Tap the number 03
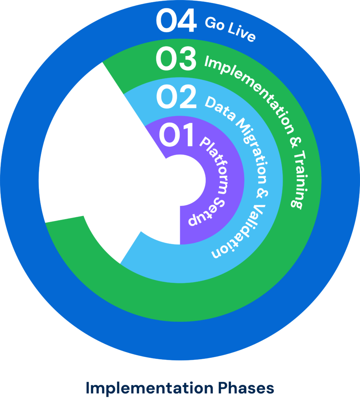point(176,59)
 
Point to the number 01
point(176,136)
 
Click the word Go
point(213,24)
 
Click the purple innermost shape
point(183,187)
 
